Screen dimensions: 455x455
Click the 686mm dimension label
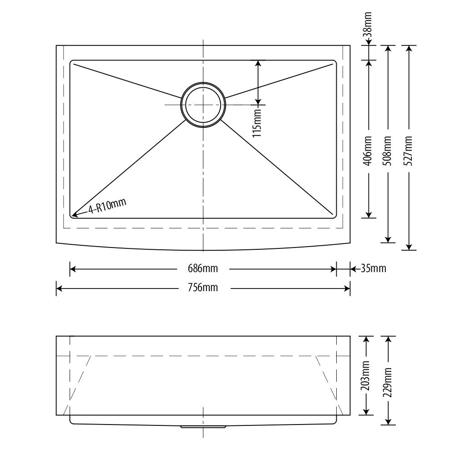(203, 268)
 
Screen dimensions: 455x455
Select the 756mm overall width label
(203, 288)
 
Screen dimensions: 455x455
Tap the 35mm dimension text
(374, 268)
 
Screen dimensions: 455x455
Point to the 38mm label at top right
(368, 24)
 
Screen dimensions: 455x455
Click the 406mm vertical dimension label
(368, 151)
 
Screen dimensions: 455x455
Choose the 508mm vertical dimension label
(388, 151)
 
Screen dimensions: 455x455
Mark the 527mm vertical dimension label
(408, 151)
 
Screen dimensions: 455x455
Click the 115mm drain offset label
(257, 123)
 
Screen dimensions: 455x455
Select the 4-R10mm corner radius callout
(107, 206)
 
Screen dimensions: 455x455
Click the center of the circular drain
(203, 105)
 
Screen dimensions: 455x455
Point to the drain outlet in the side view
(203, 427)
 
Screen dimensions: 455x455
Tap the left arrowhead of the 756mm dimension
(59, 288)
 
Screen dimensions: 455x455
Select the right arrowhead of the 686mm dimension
(333, 269)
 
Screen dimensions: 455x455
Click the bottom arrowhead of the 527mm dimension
(409, 247)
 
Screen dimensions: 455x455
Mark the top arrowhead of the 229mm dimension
(388, 339)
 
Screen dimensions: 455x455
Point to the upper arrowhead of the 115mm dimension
(258, 64)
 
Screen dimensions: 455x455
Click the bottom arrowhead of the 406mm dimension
(369, 215)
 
